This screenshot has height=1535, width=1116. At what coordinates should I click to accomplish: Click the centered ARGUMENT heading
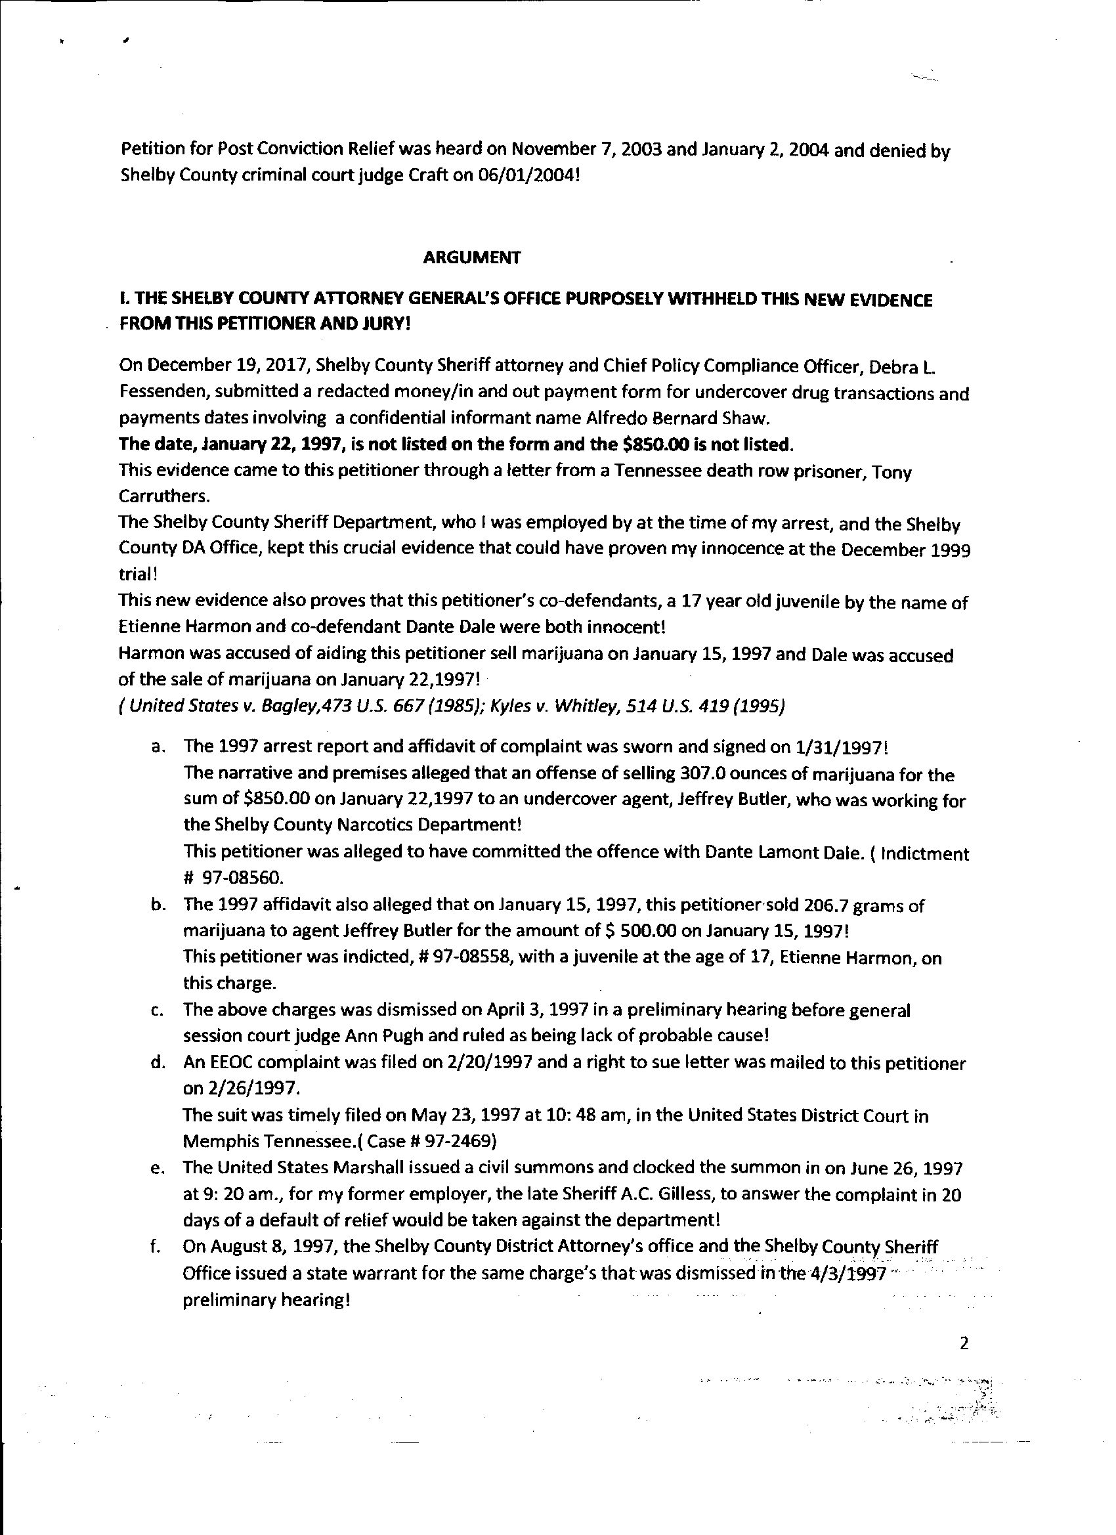pos(472,257)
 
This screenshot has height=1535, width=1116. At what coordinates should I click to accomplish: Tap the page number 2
pos(964,1343)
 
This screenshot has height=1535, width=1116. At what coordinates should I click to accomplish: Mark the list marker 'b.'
pos(159,905)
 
